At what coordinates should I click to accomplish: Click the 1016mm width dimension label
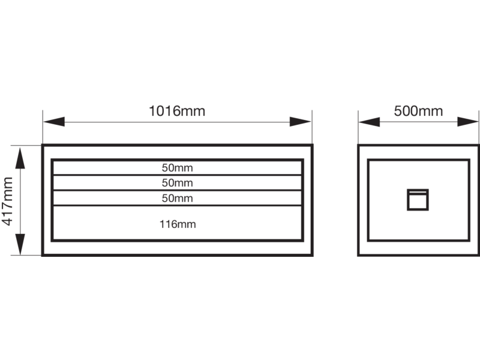[x=177, y=111]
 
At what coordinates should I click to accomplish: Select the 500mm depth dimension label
[x=418, y=111]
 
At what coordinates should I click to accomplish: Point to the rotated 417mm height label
[x=7, y=201]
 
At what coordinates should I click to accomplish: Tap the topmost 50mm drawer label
[x=177, y=168]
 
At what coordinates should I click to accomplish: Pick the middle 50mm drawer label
[x=177, y=183]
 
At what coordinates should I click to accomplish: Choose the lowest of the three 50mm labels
[x=177, y=198]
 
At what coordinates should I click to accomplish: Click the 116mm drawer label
[x=178, y=224]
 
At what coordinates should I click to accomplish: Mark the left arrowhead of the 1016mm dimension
[x=54, y=122]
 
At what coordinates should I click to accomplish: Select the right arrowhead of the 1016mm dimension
[x=301, y=122]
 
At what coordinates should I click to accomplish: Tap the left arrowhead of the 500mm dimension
[x=370, y=122]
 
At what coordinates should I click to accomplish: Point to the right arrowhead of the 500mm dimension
[x=468, y=122]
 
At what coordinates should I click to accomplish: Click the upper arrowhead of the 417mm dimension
[x=20, y=158]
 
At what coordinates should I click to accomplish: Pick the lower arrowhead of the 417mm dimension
[x=20, y=244]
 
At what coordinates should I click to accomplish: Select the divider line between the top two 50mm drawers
[x=177, y=175]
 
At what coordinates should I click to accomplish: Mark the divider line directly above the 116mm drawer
[x=177, y=205]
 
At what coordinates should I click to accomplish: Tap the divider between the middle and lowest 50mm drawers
[x=177, y=190]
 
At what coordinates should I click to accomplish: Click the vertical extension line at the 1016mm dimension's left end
[x=43, y=127]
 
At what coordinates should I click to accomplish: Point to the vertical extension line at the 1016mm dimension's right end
[x=312, y=127]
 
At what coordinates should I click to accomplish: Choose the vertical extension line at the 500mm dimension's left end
[x=358, y=127]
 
